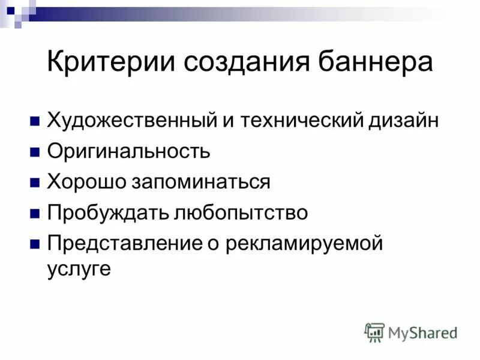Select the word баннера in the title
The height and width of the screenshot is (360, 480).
(371, 63)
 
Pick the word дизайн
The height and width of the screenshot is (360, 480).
(403, 120)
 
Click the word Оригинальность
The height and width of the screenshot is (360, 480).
(128, 151)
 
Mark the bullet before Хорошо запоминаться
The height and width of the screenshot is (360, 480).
(35, 182)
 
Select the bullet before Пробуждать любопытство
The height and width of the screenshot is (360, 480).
(35, 213)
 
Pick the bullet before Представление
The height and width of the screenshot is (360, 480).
(35, 244)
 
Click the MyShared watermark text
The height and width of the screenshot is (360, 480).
(422, 332)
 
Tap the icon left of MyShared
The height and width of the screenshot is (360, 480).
(374, 332)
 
